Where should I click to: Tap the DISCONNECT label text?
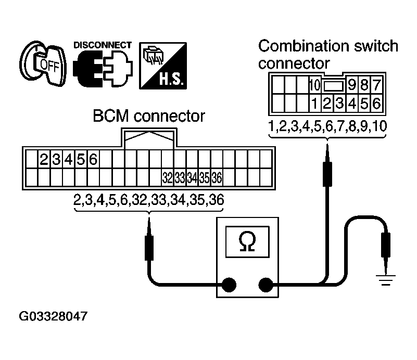[x=103, y=45]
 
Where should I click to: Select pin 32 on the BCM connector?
[x=167, y=178]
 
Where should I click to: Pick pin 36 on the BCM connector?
[x=217, y=178]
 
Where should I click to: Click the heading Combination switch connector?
[x=328, y=54]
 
